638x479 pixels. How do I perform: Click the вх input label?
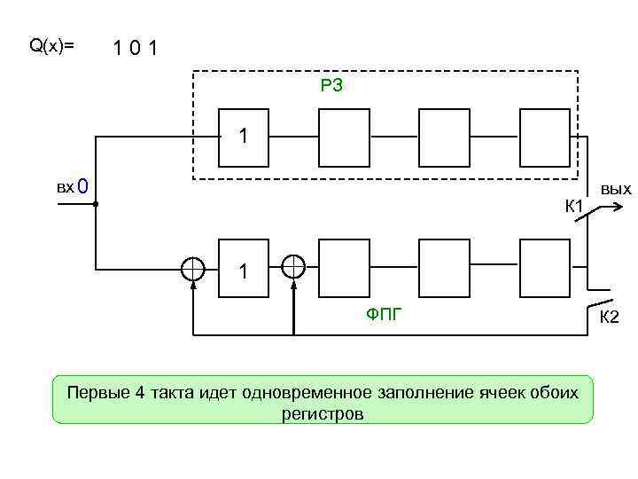(65, 187)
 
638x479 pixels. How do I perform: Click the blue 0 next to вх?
(82, 187)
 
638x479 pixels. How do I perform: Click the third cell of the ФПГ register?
(445, 268)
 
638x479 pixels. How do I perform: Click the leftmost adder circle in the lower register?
(192, 268)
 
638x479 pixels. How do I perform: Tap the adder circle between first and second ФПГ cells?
(293, 266)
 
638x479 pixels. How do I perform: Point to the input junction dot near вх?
(95, 204)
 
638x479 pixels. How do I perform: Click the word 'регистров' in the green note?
(323, 413)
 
